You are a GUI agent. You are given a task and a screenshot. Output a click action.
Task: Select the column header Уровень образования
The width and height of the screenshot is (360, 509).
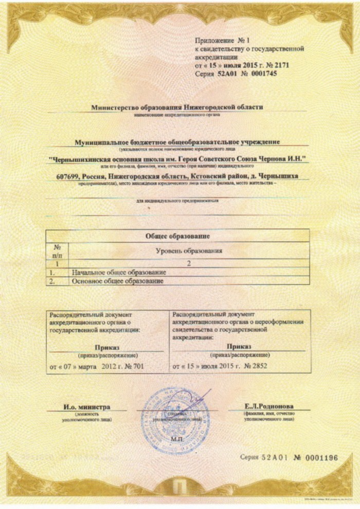point(189,251)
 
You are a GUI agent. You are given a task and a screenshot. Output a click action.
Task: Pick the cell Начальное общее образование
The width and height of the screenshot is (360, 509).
point(119,272)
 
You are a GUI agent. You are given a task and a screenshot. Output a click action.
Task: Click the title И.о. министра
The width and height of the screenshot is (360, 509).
point(87,407)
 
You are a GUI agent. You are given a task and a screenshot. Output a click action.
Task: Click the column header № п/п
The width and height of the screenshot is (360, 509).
point(57,251)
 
